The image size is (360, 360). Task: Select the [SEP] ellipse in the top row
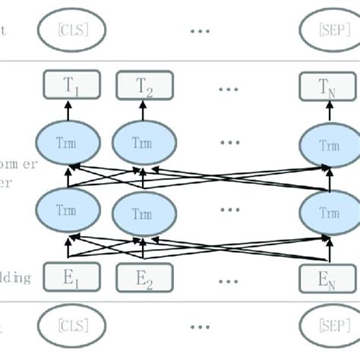pos(326,31)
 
